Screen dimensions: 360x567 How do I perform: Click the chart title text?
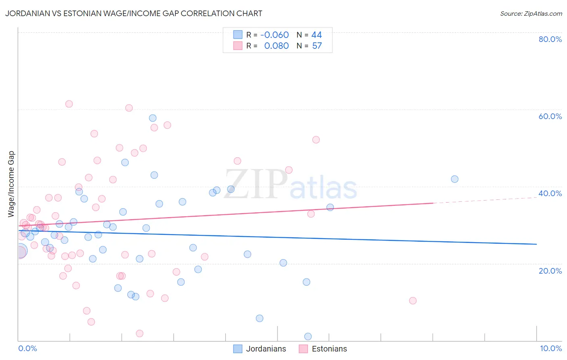(133, 14)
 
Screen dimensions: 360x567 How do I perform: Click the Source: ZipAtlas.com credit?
(531, 14)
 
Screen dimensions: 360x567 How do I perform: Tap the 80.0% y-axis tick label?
(550, 39)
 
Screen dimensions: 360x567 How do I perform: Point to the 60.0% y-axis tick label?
(550, 116)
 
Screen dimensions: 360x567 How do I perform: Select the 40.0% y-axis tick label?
(550, 193)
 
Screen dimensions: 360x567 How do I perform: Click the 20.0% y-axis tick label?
(550, 270)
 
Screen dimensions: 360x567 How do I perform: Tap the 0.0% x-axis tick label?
(27, 348)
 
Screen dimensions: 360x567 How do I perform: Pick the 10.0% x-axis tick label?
(550, 348)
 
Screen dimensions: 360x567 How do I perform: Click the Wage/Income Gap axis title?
(11, 184)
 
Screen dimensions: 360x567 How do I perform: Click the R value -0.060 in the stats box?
(274, 35)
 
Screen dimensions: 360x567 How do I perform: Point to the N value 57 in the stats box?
(317, 46)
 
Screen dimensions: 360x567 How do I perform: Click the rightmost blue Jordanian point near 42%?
(454, 179)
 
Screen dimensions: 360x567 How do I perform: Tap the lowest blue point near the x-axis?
(308, 337)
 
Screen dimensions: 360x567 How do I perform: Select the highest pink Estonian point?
(69, 104)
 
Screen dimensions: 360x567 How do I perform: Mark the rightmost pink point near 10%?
(413, 301)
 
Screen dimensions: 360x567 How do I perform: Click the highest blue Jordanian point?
(153, 118)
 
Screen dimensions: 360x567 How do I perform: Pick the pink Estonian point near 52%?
(316, 140)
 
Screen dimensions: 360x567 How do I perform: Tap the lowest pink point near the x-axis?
(140, 333)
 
